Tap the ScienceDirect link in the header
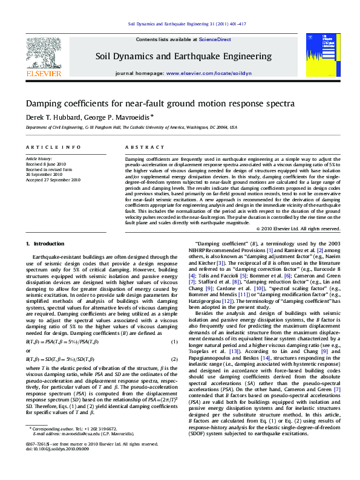[x=215, y=39]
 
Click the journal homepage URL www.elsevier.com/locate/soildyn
[x=209, y=73]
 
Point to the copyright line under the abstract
[x=298, y=229]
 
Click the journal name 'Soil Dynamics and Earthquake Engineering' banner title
[x=183, y=56]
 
